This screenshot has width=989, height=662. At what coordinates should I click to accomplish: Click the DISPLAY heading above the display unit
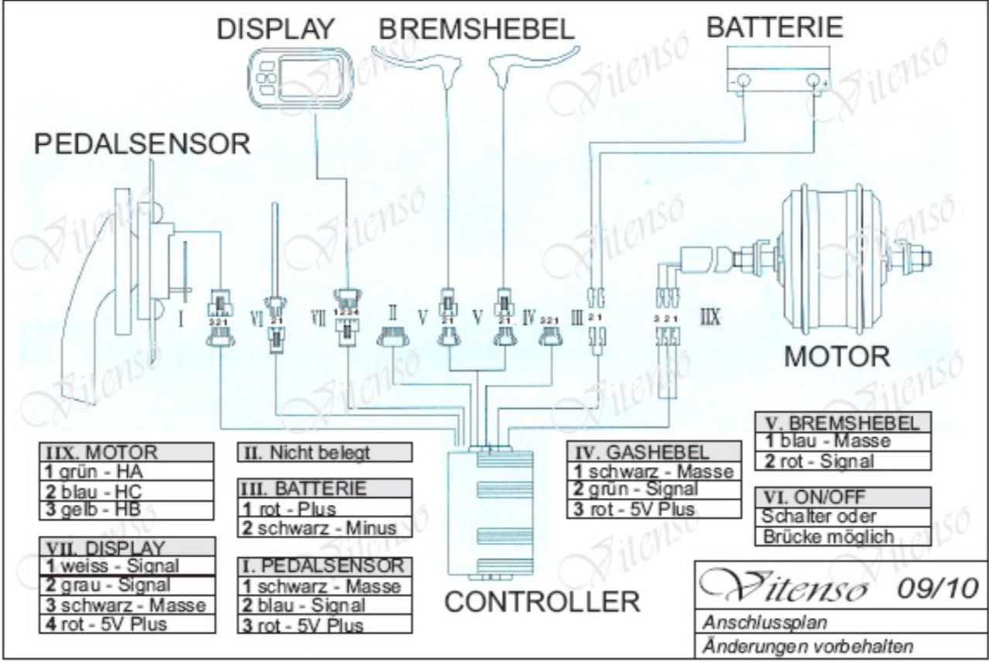275,29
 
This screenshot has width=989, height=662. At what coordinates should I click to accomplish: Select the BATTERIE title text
774,27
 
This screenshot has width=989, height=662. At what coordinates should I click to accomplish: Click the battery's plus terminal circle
813,81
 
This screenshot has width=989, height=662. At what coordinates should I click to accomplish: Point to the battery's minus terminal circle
741,81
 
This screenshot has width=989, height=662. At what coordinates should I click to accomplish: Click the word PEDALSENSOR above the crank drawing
142,144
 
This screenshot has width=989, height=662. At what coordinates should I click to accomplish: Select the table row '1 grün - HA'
126,471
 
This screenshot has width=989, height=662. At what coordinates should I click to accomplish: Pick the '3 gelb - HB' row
126,509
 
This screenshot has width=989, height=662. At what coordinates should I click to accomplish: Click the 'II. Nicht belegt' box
324,452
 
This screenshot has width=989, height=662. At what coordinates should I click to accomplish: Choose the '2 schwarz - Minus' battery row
324,528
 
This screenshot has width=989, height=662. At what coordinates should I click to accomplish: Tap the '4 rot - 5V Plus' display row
126,623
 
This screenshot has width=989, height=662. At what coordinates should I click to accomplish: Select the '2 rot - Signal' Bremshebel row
843,461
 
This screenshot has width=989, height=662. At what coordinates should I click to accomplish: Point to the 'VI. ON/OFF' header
843,496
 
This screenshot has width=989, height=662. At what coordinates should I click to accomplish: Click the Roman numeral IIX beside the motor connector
710,316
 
